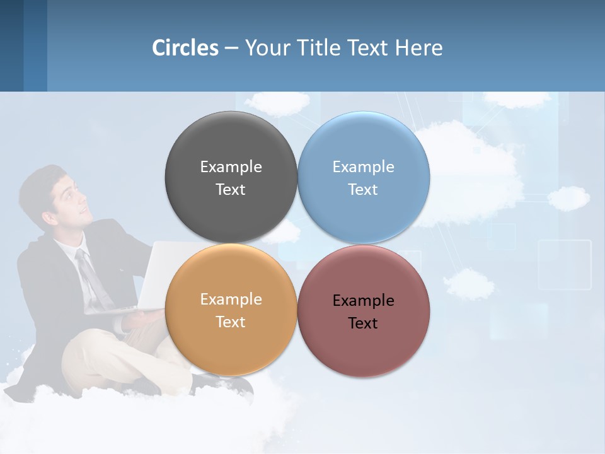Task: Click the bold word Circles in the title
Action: click(x=185, y=48)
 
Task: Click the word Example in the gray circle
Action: click(x=231, y=167)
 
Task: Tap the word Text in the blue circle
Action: click(x=364, y=190)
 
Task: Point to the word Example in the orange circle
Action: click(x=231, y=300)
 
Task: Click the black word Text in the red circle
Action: click(x=364, y=323)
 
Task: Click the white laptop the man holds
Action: click(x=158, y=277)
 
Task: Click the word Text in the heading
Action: click(x=369, y=48)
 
